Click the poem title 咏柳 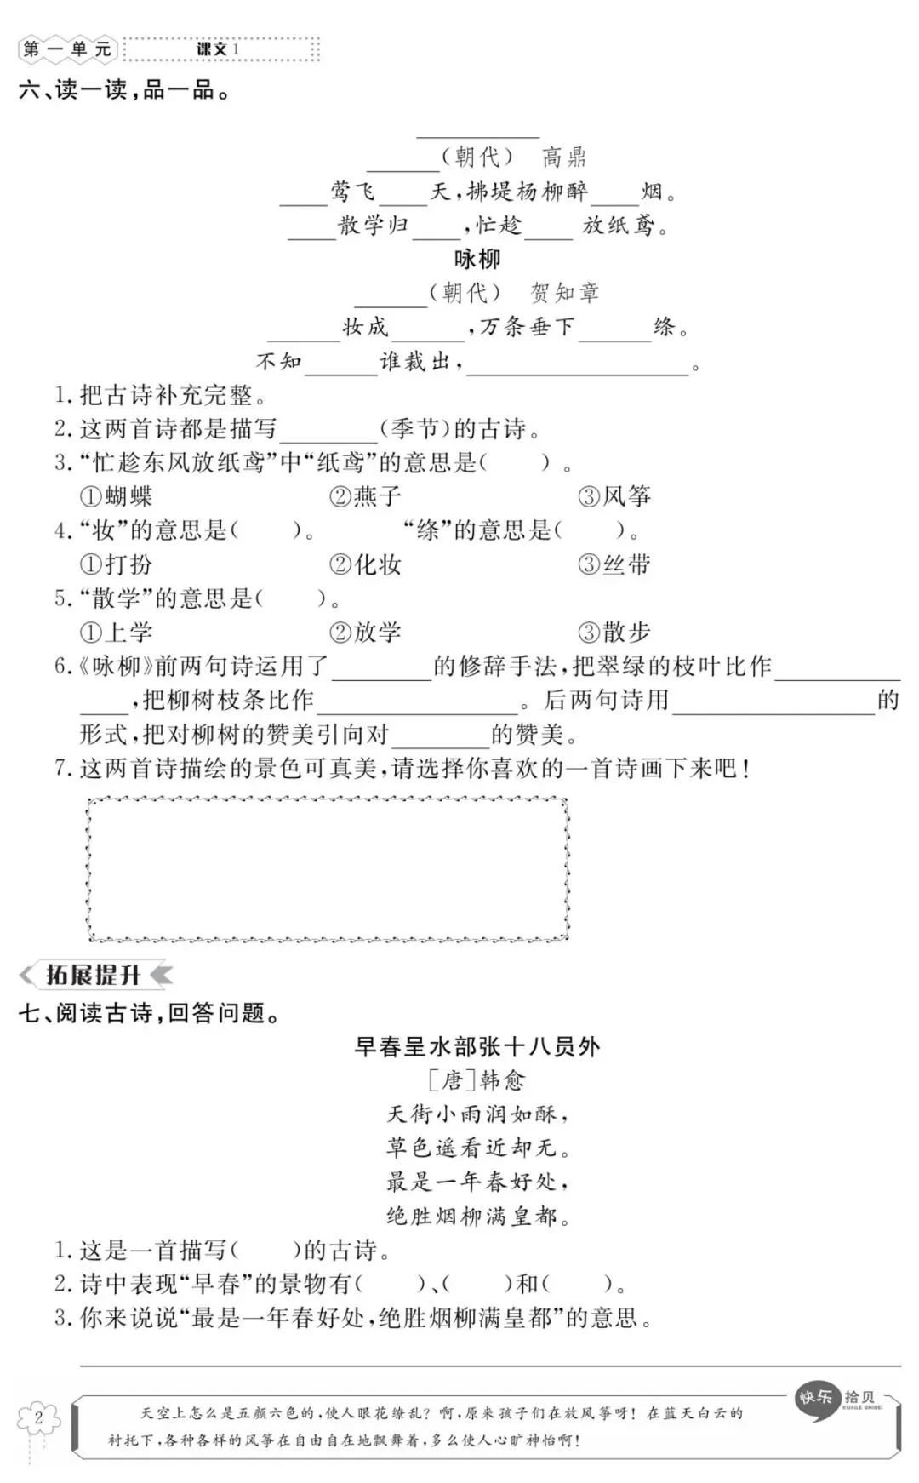pos(477,259)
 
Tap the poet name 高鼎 pos(564,157)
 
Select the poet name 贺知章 pos(565,293)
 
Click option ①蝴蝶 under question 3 pos(116,496)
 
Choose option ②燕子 pos(365,496)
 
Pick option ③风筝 pos(614,496)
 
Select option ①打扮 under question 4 pos(116,564)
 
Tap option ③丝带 pos(614,564)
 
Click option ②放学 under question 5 pos(365,633)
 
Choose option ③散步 pos(614,633)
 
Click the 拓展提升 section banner pos(94,975)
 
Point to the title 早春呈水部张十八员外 pos(477,1046)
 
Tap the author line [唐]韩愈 pos(477,1080)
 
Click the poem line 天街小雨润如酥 pos(477,1114)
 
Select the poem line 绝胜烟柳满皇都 pos(477,1216)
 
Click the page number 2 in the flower pos(38,1418)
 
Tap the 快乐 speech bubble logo pos(816,1399)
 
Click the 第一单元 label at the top pos(68,49)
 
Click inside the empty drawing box pos(328,869)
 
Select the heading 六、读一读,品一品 pos(124,89)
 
